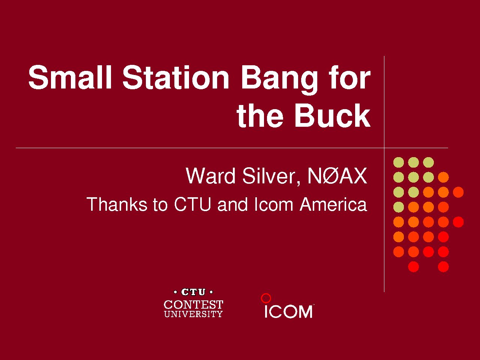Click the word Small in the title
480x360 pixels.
click(70, 77)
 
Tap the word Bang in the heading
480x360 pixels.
click(279, 80)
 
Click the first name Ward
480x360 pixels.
click(210, 175)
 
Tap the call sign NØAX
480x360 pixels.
click(337, 175)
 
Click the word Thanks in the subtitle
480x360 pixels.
click(117, 204)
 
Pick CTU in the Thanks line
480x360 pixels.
click(193, 204)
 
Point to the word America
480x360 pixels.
click(333, 204)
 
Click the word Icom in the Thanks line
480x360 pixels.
click(274, 204)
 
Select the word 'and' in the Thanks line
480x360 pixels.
click(232, 204)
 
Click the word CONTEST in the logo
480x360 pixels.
click(193, 304)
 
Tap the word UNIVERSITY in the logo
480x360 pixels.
click(193, 314)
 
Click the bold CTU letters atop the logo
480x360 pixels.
click(193, 292)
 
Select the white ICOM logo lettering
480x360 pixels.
click(288, 312)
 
